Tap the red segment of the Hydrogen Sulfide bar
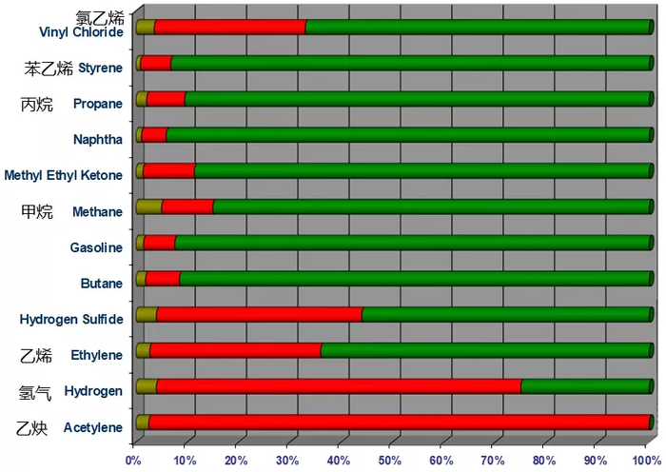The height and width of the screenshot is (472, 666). click(x=259, y=315)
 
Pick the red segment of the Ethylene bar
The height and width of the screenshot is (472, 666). click(x=235, y=350)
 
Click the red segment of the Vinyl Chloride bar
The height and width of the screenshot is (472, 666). click(x=229, y=28)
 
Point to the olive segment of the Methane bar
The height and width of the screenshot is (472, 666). click(x=148, y=206)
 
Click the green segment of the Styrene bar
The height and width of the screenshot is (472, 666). click(x=409, y=64)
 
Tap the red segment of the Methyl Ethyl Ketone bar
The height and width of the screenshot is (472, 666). click(x=168, y=171)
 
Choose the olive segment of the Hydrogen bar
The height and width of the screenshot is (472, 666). click(x=147, y=386)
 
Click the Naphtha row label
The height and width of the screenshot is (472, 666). click(x=97, y=140)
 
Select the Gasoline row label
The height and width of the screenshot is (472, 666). click(x=96, y=247)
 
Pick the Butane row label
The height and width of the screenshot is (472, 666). click(x=101, y=284)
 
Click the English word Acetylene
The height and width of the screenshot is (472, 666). click(x=93, y=427)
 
